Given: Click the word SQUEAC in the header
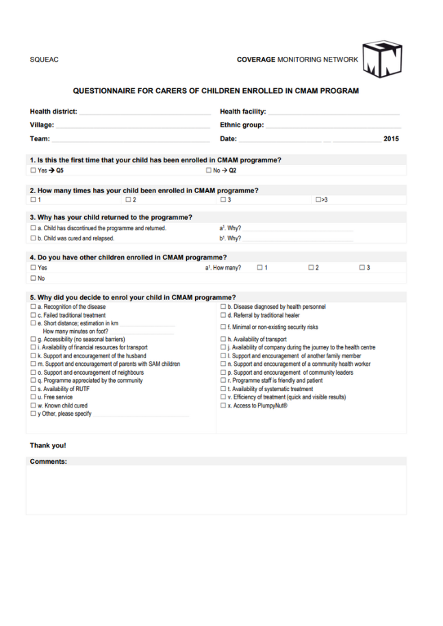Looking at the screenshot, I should pyautogui.click(x=44, y=60).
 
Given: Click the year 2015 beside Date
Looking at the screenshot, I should pyautogui.click(x=391, y=139).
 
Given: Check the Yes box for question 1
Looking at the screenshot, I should pyautogui.click(x=33, y=171).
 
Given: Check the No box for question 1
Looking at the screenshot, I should pyautogui.click(x=209, y=171).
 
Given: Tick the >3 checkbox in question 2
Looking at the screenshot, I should pyautogui.click(x=318, y=200).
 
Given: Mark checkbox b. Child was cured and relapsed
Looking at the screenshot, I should pyautogui.click(x=33, y=238).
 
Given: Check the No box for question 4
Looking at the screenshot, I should pyautogui.click(x=33, y=278).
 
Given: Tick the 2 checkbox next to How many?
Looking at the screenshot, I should pyautogui.click(x=310, y=268).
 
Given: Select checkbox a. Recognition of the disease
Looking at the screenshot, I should pyautogui.click(x=33, y=307).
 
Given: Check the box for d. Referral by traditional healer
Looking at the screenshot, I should pyautogui.click(x=223, y=316).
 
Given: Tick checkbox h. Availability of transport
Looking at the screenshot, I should pyautogui.click(x=223, y=340).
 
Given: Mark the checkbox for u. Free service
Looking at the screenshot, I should pyautogui.click(x=33, y=397).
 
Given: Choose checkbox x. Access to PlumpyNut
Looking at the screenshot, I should pyautogui.click(x=223, y=405).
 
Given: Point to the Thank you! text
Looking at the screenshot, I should pyautogui.click(x=48, y=446).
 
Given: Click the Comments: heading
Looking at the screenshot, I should pyautogui.click(x=49, y=462).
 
